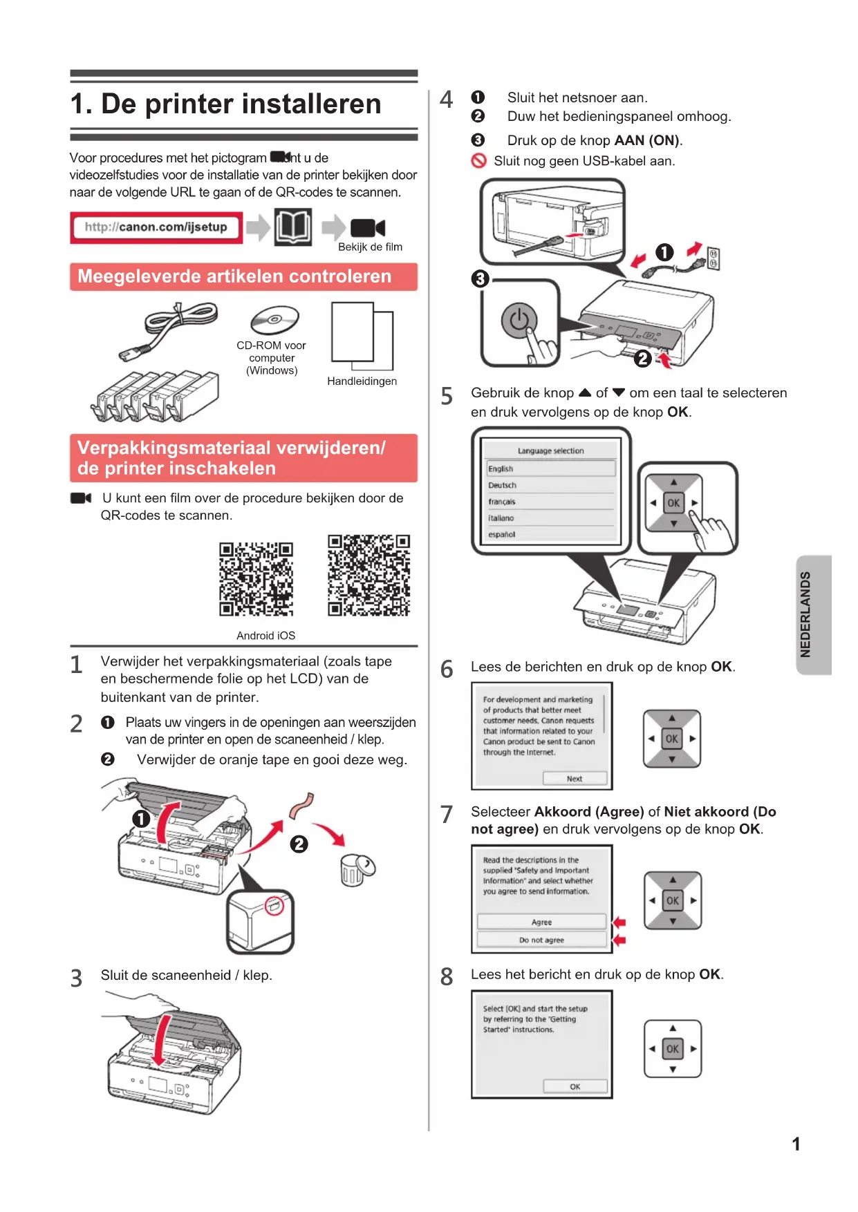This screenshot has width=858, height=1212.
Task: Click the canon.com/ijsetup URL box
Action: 156,227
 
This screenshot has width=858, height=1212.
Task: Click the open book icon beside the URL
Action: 293,227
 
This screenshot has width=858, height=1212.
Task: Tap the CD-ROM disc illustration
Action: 274,320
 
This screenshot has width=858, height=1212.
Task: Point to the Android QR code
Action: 256,579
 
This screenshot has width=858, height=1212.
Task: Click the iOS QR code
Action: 369,575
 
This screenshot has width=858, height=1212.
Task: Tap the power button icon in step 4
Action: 519,321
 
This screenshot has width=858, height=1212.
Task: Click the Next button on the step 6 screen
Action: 575,779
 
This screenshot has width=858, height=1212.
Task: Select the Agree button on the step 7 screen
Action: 541,922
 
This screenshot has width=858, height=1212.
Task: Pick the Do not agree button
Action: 541,940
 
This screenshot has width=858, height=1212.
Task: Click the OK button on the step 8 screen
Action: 575,1086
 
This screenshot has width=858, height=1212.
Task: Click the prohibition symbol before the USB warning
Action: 478,161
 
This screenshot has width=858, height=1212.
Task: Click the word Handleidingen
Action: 362,381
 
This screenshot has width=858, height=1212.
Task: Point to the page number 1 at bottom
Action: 796,1144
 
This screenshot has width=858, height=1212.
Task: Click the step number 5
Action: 447,397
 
